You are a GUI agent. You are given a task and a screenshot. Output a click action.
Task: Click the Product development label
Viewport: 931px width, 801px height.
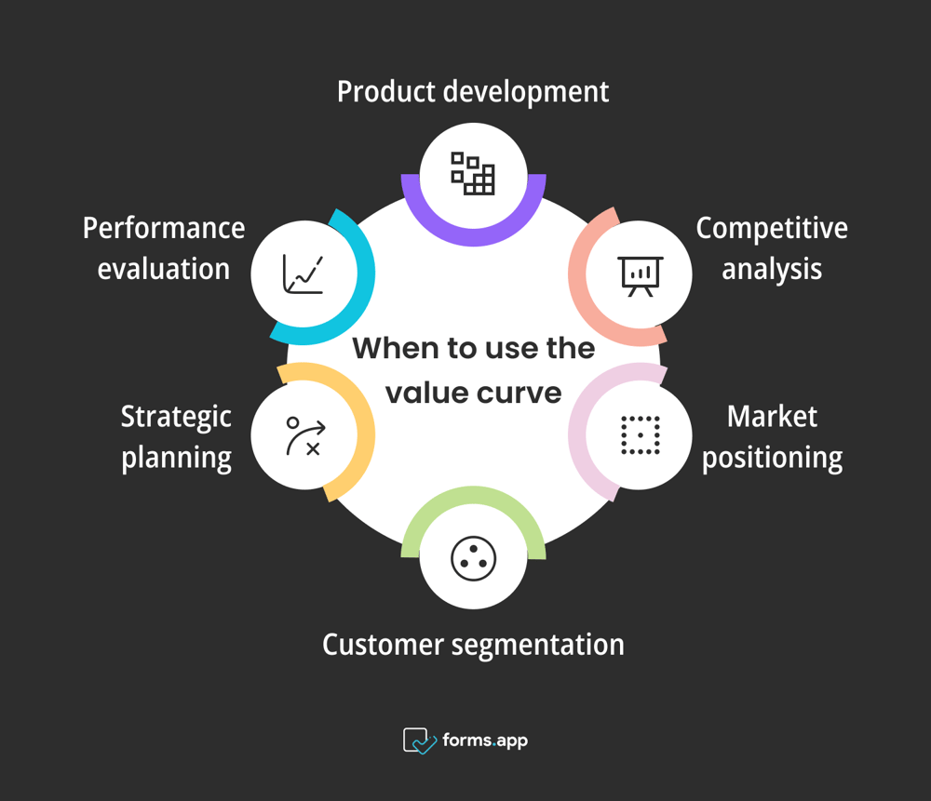(473, 92)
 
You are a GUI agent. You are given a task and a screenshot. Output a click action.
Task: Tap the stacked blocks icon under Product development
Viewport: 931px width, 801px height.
(473, 173)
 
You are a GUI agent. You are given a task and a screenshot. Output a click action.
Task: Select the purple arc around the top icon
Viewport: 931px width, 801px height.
(473, 236)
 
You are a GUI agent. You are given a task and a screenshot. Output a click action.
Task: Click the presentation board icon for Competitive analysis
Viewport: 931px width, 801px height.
(641, 274)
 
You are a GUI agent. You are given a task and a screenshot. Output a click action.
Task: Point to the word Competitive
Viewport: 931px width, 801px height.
(772, 228)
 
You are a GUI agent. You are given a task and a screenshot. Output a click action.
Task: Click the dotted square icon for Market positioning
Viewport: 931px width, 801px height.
(641, 434)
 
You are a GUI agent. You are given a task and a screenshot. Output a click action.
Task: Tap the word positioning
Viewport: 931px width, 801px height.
(772, 458)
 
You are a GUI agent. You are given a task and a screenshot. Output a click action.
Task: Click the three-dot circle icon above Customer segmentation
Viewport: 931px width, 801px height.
(473, 558)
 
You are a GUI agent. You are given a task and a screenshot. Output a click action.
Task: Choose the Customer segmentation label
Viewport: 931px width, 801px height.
(473, 644)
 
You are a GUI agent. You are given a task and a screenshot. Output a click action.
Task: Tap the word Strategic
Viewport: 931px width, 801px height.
(176, 416)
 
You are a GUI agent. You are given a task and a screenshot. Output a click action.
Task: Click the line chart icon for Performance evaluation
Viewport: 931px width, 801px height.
(305, 274)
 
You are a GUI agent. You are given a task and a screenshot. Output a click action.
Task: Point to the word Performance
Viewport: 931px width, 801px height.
(164, 228)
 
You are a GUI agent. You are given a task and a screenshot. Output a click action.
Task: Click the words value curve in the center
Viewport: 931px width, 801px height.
(473, 393)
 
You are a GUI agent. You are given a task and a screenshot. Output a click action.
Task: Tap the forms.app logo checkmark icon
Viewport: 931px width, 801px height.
(419, 741)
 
